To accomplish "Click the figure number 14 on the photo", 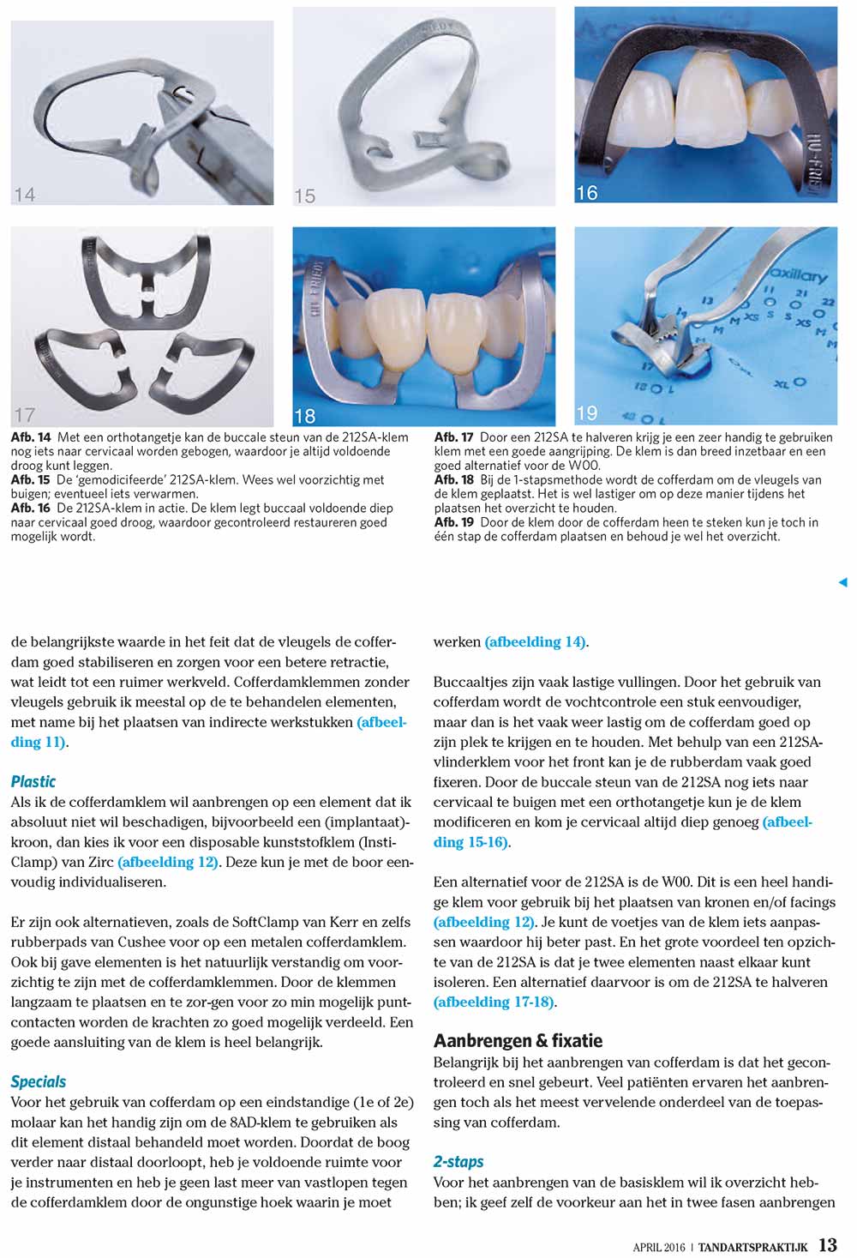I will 25,195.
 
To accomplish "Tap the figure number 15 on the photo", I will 305,196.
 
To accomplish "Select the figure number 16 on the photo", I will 587,193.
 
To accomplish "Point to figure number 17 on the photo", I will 25,415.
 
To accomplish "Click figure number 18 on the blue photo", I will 305,417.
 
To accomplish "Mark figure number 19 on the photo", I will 587,413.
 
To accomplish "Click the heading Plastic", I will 33,781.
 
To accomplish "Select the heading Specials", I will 39,1081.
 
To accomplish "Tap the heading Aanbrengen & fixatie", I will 518,1040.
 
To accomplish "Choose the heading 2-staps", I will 458,1161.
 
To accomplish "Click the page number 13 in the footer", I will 827,1245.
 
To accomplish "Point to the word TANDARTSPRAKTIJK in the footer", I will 752,1247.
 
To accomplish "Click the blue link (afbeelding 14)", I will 536,641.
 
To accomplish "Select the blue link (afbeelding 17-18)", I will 494,1002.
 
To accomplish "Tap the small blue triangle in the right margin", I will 842,582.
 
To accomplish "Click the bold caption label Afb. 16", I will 30,508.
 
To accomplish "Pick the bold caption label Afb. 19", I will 454,521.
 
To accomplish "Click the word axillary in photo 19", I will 798,275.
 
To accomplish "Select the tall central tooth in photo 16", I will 710,99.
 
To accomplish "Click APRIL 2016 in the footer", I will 659,1247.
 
